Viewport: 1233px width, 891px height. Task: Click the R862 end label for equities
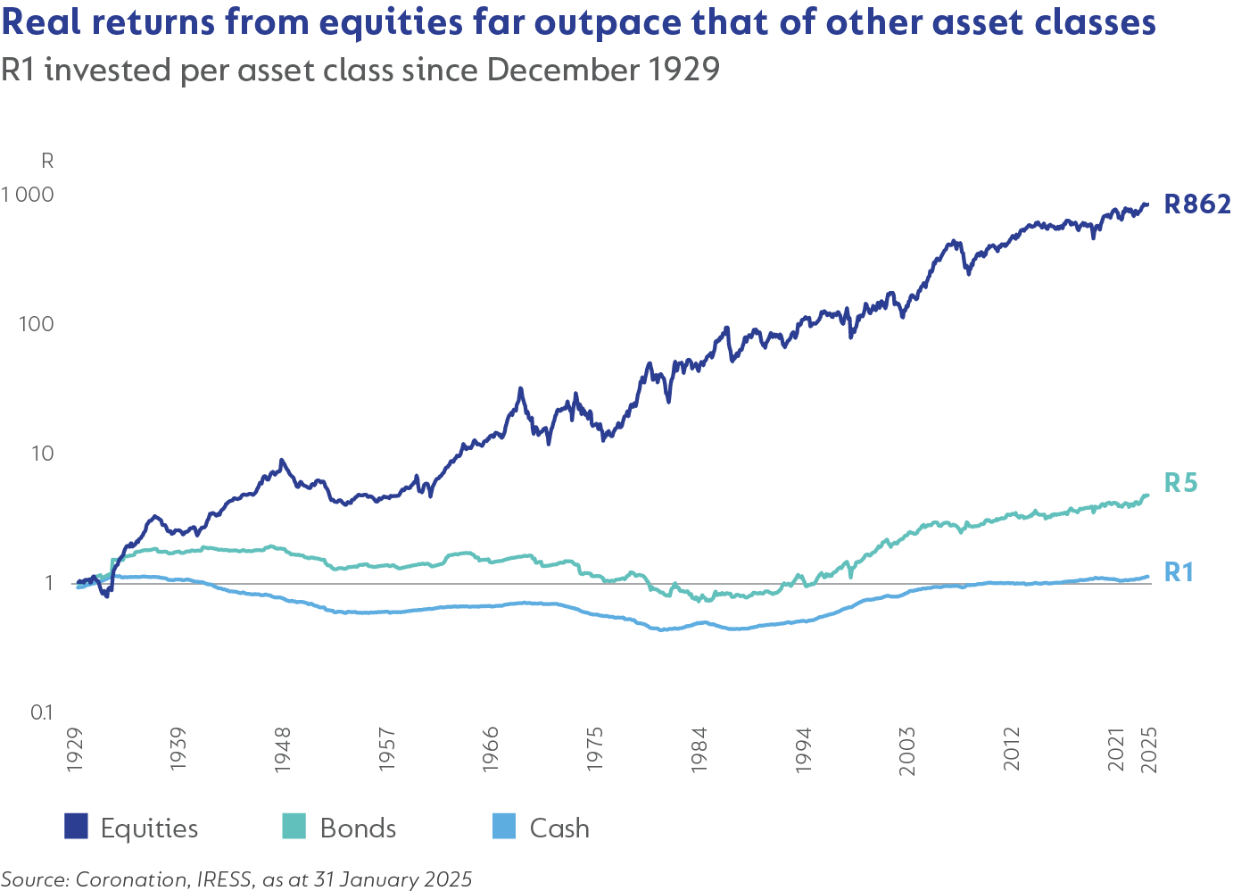tap(1196, 204)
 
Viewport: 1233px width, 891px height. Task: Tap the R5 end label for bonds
tap(1180, 483)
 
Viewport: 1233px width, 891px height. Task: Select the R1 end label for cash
tap(1179, 572)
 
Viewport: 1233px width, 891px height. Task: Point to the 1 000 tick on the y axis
tap(28, 195)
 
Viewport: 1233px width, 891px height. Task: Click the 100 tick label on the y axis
tap(36, 324)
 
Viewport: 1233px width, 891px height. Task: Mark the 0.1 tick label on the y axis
tap(41, 712)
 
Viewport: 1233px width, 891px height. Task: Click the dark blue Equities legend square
tap(77, 827)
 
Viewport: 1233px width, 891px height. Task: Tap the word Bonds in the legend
tap(358, 829)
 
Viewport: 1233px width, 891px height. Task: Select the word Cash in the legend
tap(559, 829)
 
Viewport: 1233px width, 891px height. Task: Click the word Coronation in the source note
tap(131, 879)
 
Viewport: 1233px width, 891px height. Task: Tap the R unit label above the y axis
tap(47, 162)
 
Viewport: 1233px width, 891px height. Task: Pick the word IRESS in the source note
tap(224, 879)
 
